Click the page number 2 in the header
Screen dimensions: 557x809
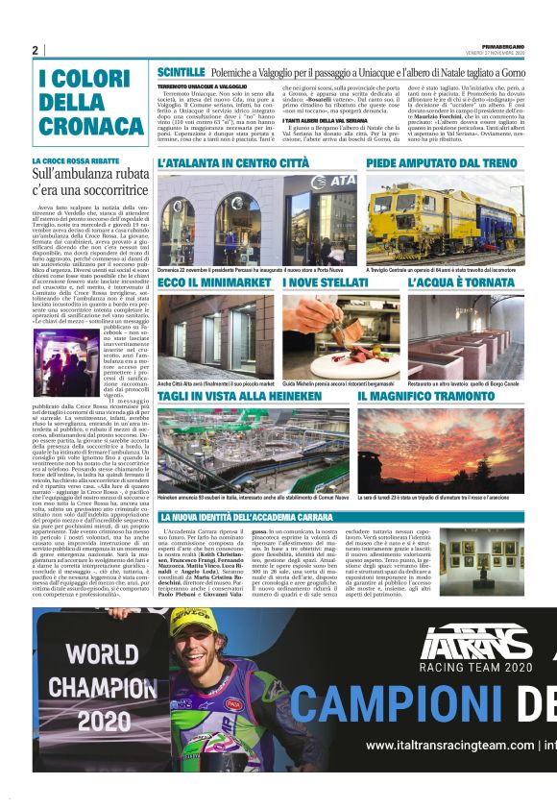click(x=36, y=50)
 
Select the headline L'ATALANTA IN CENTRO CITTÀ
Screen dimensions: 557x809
click(x=233, y=164)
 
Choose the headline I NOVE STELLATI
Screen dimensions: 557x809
click(x=325, y=283)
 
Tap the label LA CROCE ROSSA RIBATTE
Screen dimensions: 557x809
click(x=76, y=161)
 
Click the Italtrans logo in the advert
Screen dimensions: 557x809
click(x=476, y=643)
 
